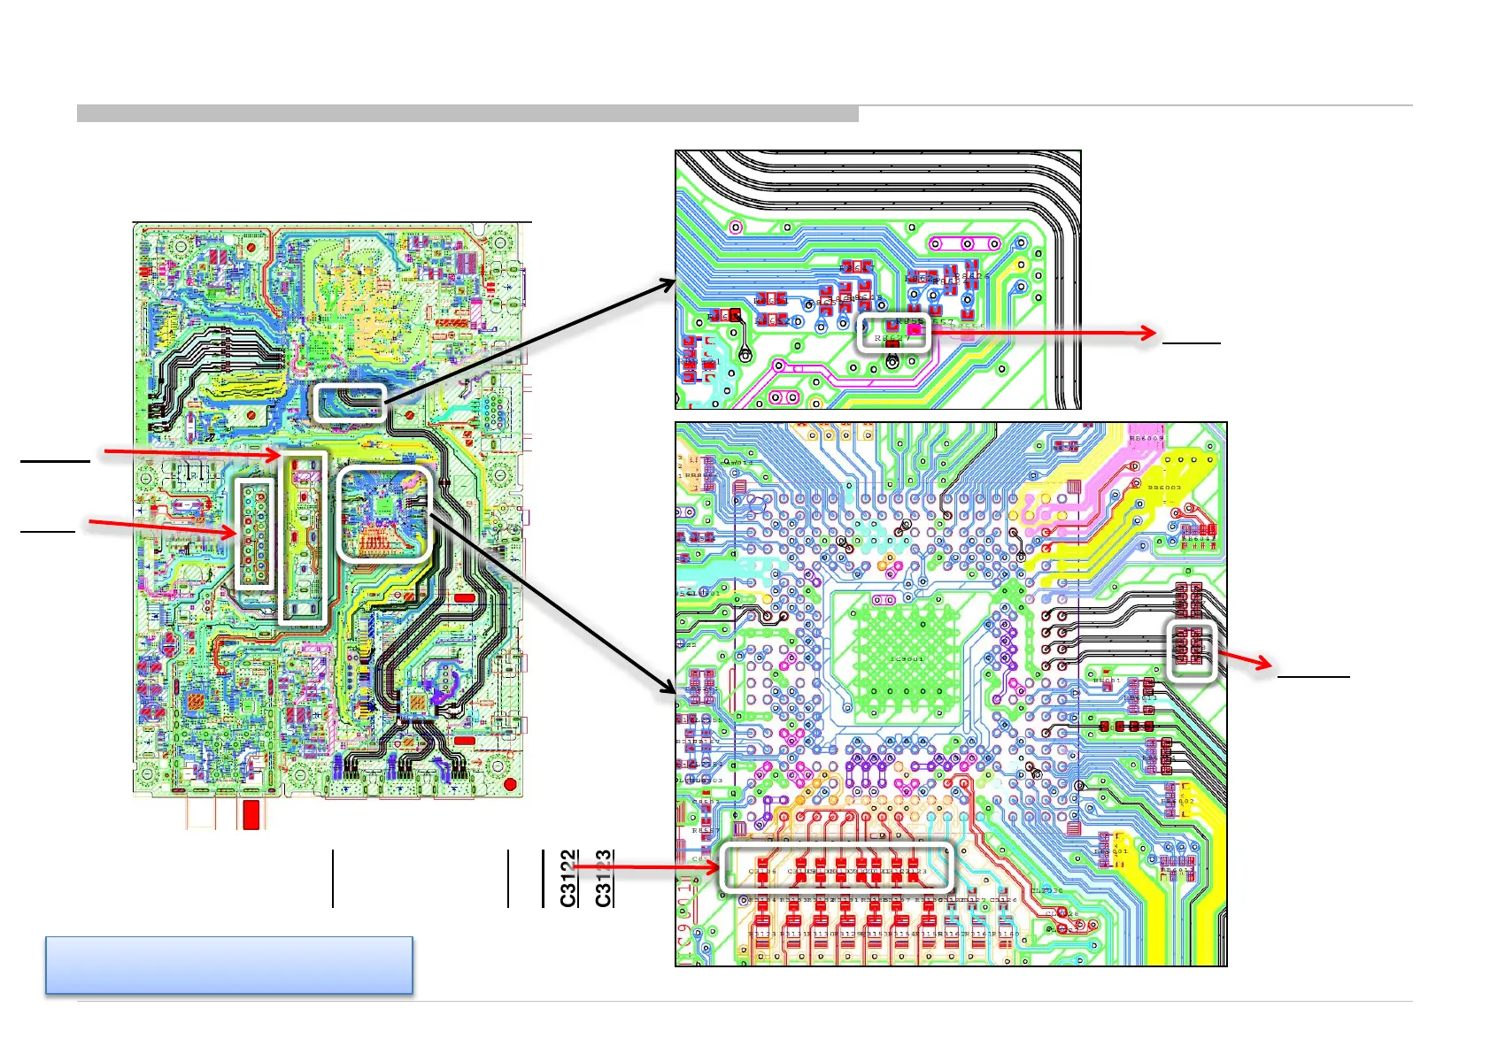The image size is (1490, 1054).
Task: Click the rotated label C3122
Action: (568, 879)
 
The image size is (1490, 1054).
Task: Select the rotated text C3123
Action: (604, 879)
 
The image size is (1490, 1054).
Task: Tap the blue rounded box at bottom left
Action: (229, 965)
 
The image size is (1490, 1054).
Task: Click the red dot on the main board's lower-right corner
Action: (510, 785)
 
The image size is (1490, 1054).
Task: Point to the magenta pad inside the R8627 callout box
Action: (915, 331)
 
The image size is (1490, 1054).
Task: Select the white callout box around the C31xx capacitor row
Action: (837, 866)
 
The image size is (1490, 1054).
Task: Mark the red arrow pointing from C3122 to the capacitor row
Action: (646, 866)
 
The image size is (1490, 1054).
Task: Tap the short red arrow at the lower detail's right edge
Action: (1246, 660)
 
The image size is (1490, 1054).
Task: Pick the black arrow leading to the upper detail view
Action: (531, 342)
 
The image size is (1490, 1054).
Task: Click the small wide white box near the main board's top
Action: (350, 403)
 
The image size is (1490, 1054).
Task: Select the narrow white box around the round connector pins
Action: (255, 533)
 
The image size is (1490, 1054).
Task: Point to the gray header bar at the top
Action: (467, 113)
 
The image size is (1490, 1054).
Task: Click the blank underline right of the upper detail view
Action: (1191, 342)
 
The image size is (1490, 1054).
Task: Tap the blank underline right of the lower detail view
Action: (1313, 676)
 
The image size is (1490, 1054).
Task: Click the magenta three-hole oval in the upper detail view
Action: (967, 243)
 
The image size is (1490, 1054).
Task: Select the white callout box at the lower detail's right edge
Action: (1191, 650)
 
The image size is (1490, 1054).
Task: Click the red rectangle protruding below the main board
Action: (251, 814)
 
